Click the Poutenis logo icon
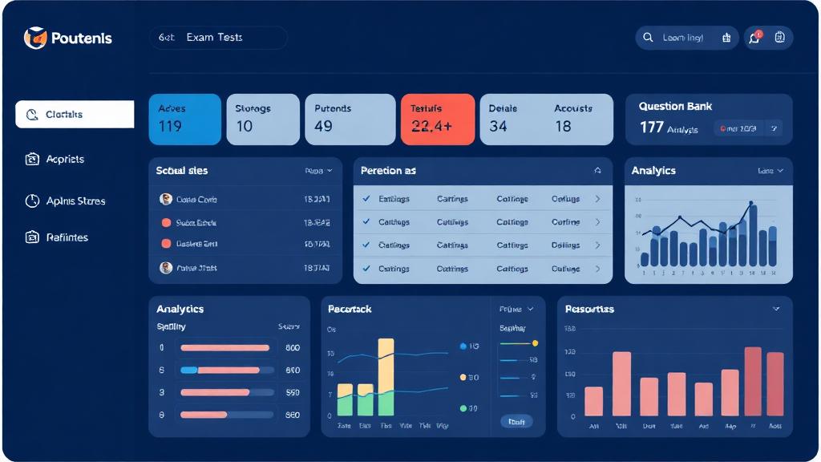point(35,38)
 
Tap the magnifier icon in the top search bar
point(648,38)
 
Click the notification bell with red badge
point(754,38)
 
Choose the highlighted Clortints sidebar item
point(75,115)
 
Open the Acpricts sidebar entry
point(64,160)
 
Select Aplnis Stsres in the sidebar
point(75,201)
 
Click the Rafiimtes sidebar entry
point(67,237)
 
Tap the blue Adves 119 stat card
point(184,119)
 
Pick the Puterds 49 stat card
point(350,119)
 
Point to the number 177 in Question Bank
point(651,127)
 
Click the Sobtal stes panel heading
point(182,171)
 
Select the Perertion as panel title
point(388,171)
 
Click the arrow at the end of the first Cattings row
point(597,199)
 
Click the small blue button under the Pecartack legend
point(516,421)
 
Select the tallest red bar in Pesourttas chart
point(753,381)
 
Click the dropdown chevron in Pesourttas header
point(775,309)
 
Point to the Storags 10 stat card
point(263,119)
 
